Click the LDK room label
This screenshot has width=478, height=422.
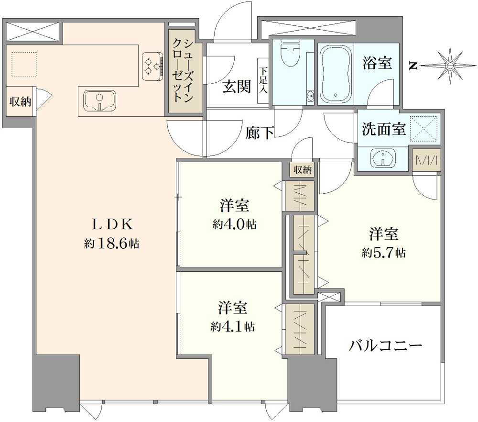112,224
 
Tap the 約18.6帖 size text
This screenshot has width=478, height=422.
112,244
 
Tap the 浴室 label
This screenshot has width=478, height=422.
378,64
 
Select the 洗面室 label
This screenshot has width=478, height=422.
383,129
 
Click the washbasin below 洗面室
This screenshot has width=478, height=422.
382,158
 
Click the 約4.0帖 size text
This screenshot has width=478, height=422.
234,224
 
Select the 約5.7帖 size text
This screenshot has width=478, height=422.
383,253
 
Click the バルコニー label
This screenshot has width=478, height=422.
386,345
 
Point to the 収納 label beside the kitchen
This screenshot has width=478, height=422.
20,101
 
